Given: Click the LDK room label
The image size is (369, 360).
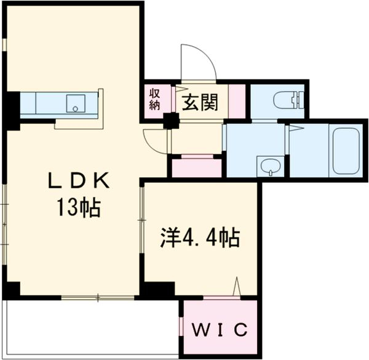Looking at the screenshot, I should pos(79,181).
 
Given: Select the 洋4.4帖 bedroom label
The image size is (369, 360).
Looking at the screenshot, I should pos(200,237).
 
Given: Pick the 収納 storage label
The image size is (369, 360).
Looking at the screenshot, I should pos(154,98).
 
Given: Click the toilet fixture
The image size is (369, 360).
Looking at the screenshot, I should pos(290,99).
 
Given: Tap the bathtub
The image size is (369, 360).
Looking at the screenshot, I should pos(345,151).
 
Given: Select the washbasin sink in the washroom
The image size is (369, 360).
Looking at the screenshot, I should pos(270,165).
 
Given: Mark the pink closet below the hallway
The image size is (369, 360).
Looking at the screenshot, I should pos(196,167).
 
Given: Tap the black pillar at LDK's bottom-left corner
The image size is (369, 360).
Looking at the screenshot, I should pos(11,289).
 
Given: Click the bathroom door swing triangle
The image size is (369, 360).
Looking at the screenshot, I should pos(295,129).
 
